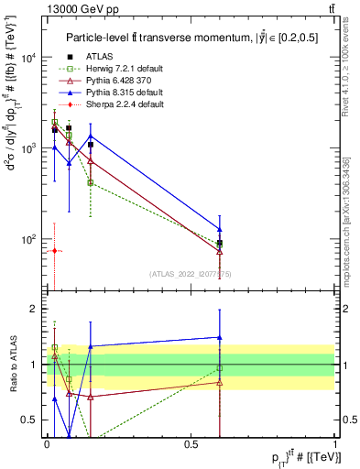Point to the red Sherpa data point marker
click(54, 250)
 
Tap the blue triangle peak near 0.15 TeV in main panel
click(90, 136)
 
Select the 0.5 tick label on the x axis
click(191, 442)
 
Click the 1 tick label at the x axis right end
click(335, 442)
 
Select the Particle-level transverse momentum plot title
click(191, 38)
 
